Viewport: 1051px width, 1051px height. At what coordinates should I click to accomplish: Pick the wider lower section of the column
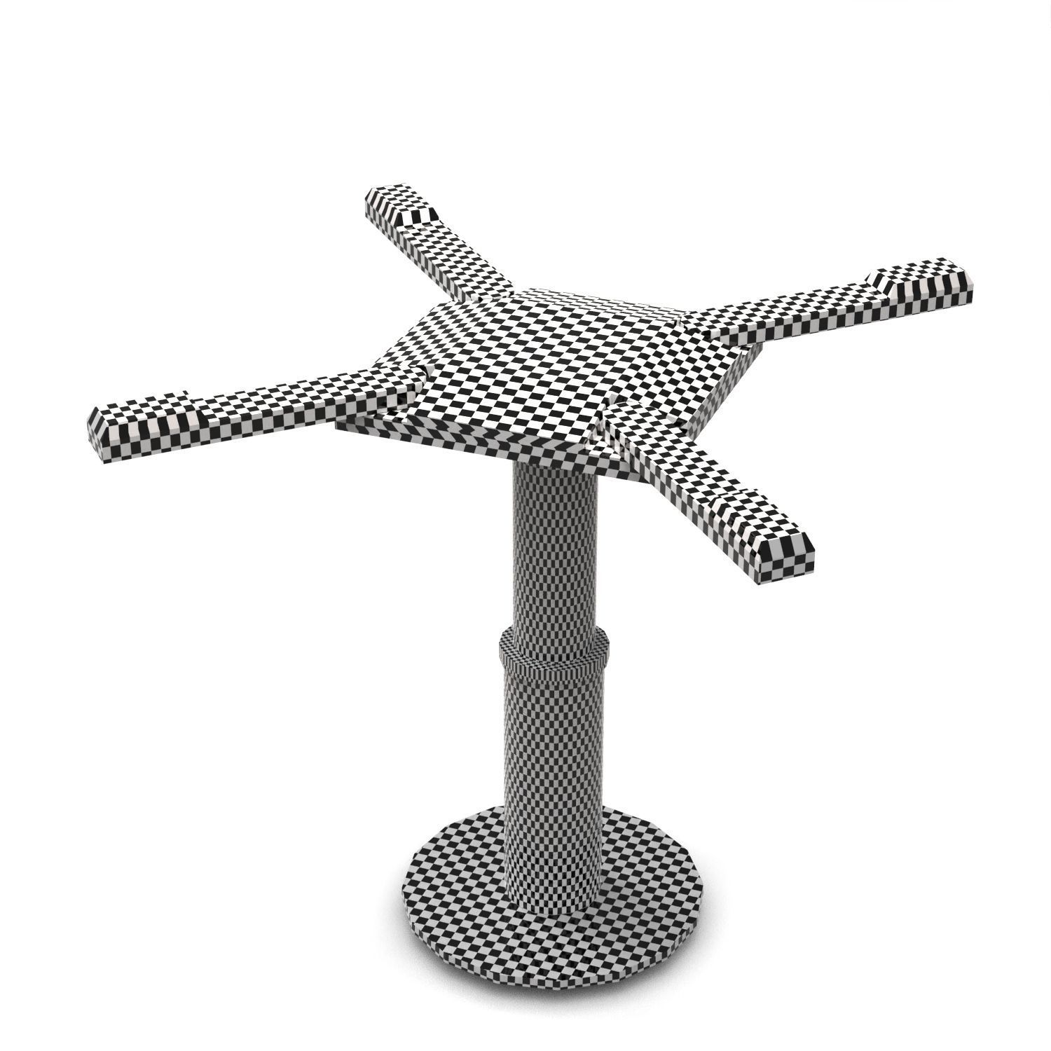(554, 757)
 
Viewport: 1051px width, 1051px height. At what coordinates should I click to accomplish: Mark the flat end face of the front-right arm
(788, 557)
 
